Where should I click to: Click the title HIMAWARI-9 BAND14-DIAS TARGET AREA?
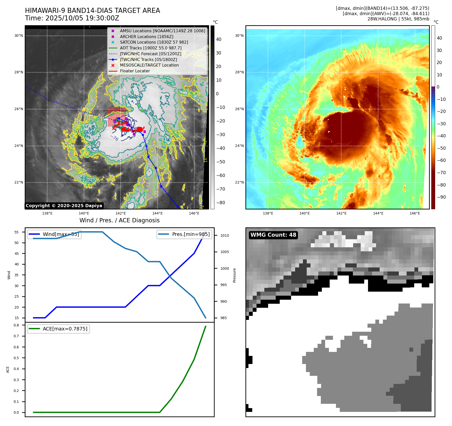click(92, 11)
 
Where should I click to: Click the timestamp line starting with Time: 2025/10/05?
click(72, 18)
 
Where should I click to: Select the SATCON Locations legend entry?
click(154, 42)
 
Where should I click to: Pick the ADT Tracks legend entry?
click(151, 48)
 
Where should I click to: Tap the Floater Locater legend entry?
click(135, 71)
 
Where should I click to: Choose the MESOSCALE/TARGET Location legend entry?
click(149, 65)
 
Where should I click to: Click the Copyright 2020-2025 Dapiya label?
click(64, 206)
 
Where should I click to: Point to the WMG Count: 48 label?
click(273, 235)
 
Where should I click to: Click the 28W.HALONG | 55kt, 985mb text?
click(398, 19)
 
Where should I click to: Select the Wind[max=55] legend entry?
click(61, 234)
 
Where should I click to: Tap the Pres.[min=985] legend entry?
click(191, 234)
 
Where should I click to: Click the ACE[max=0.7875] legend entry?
click(65, 329)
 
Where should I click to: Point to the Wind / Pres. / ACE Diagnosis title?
click(119, 220)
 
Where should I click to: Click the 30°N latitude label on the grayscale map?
click(19, 36)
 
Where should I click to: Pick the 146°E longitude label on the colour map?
click(415, 213)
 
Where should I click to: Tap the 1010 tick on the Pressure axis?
click(224, 235)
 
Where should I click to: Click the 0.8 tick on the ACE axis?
click(16, 325)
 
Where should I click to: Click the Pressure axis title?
click(234, 275)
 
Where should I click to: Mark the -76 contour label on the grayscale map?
click(115, 138)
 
